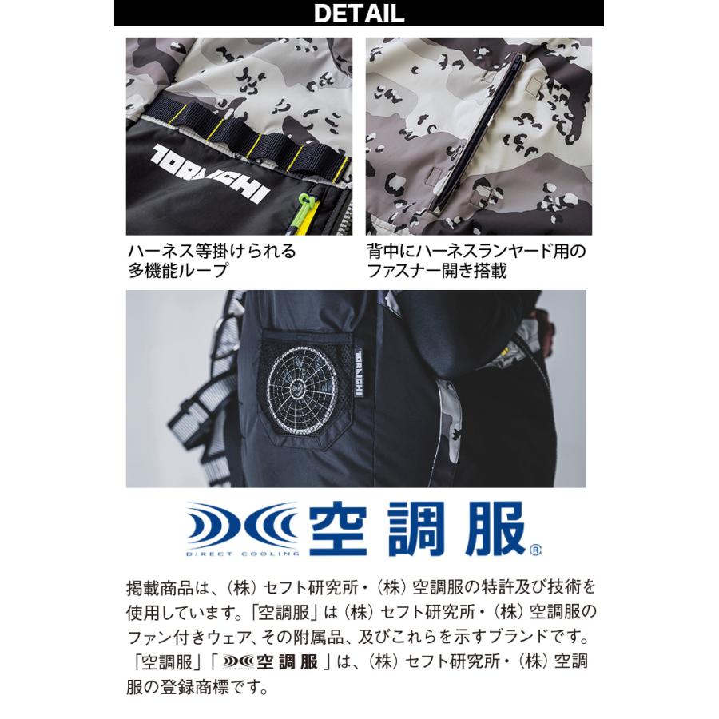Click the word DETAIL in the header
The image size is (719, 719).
[x=359, y=14]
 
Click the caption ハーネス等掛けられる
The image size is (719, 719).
[x=212, y=251]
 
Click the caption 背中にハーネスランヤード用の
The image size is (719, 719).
[x=476, y=251]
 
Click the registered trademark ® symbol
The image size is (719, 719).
[x=534, y=549]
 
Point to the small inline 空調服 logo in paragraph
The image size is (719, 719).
[x=276, y=661]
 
